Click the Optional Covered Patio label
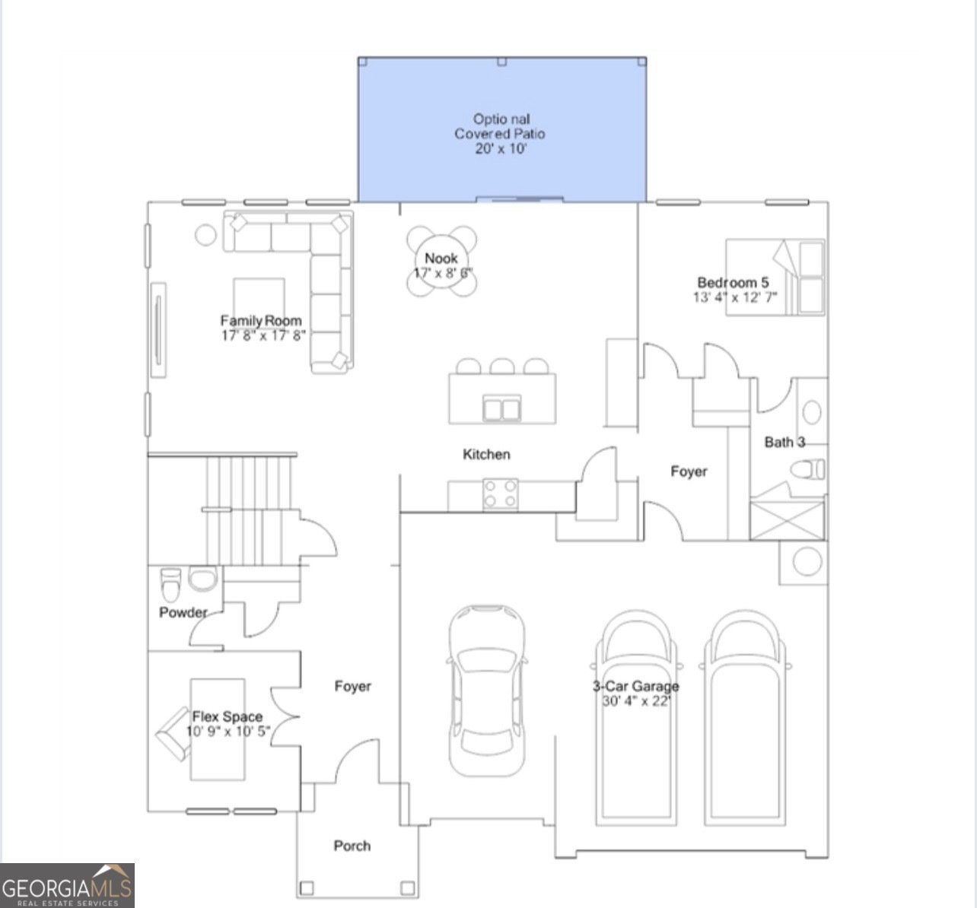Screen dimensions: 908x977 500,134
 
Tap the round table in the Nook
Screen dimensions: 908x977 442,262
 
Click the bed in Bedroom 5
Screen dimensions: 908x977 775,277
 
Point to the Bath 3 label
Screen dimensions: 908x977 784,442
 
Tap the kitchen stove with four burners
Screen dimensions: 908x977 501,493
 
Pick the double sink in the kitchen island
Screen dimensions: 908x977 502,408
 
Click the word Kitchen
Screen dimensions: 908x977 486,454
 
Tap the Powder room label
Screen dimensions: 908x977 183,612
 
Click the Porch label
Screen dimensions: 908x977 352,846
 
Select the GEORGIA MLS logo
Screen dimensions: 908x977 68,885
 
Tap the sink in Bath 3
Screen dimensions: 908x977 812,412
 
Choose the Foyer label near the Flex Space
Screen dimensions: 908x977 353,687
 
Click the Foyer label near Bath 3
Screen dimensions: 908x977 689,471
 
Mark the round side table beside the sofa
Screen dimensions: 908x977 205,234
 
